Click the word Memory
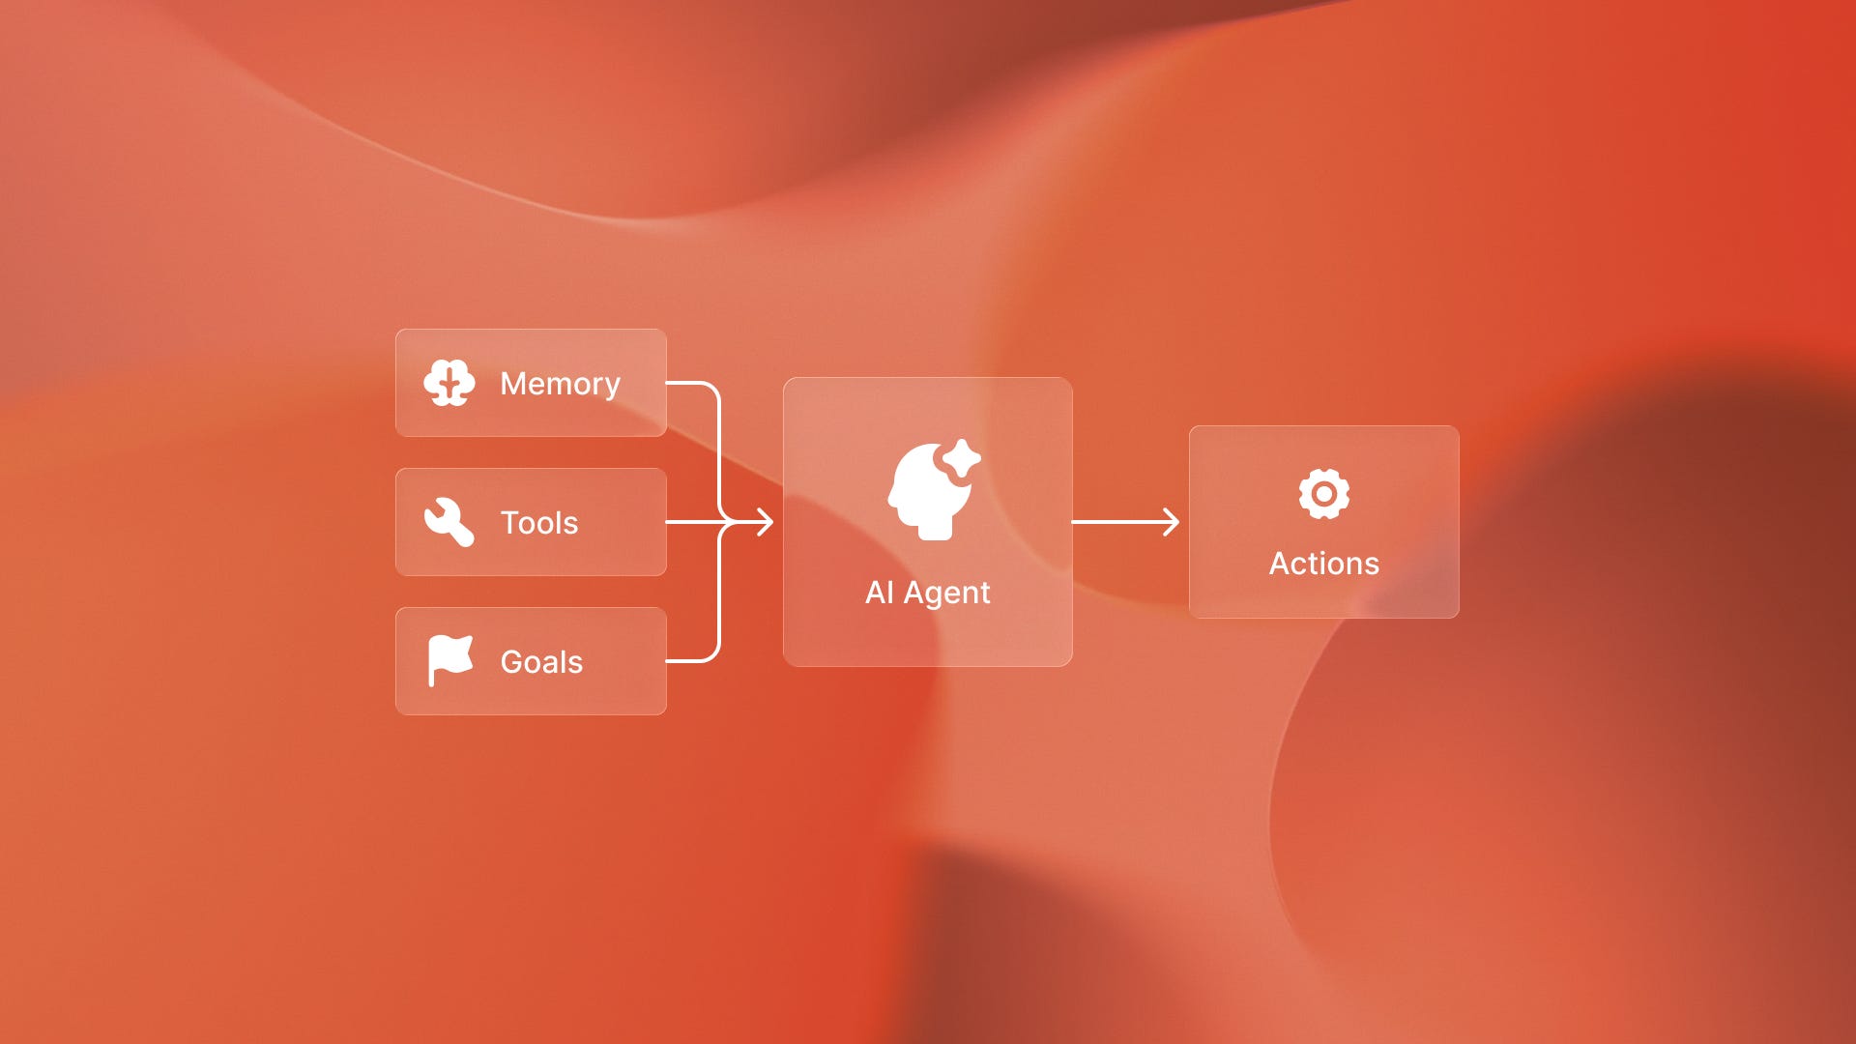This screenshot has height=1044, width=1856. coord(560,384)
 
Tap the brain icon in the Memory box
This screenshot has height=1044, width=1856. coord(449,383)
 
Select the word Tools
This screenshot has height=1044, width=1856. coord(538,523)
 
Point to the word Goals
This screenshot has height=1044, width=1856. coord(541,662)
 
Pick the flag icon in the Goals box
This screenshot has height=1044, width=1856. coord(450,660)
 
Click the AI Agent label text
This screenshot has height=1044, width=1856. coord(927,593)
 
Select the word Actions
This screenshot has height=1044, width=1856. coord(1323,564)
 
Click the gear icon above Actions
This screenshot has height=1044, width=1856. coord(1323,494)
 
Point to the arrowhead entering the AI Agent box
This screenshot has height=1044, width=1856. coord(766,522)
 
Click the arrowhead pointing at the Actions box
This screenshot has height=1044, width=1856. coord(1172,522)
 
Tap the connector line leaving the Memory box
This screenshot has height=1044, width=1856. coord(691,384)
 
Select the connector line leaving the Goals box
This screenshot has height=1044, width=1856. coord(691,661)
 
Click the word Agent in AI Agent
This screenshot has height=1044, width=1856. coord(946,593)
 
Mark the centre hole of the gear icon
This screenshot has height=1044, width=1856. coord(1323,494)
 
